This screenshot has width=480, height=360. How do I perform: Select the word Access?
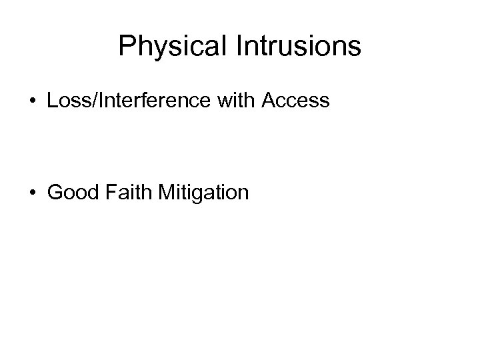[296, 101]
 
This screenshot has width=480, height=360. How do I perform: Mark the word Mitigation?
[204, 193]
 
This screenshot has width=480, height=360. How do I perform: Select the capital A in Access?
[269, 101]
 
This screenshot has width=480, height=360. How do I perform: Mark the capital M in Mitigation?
[167, 193]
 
